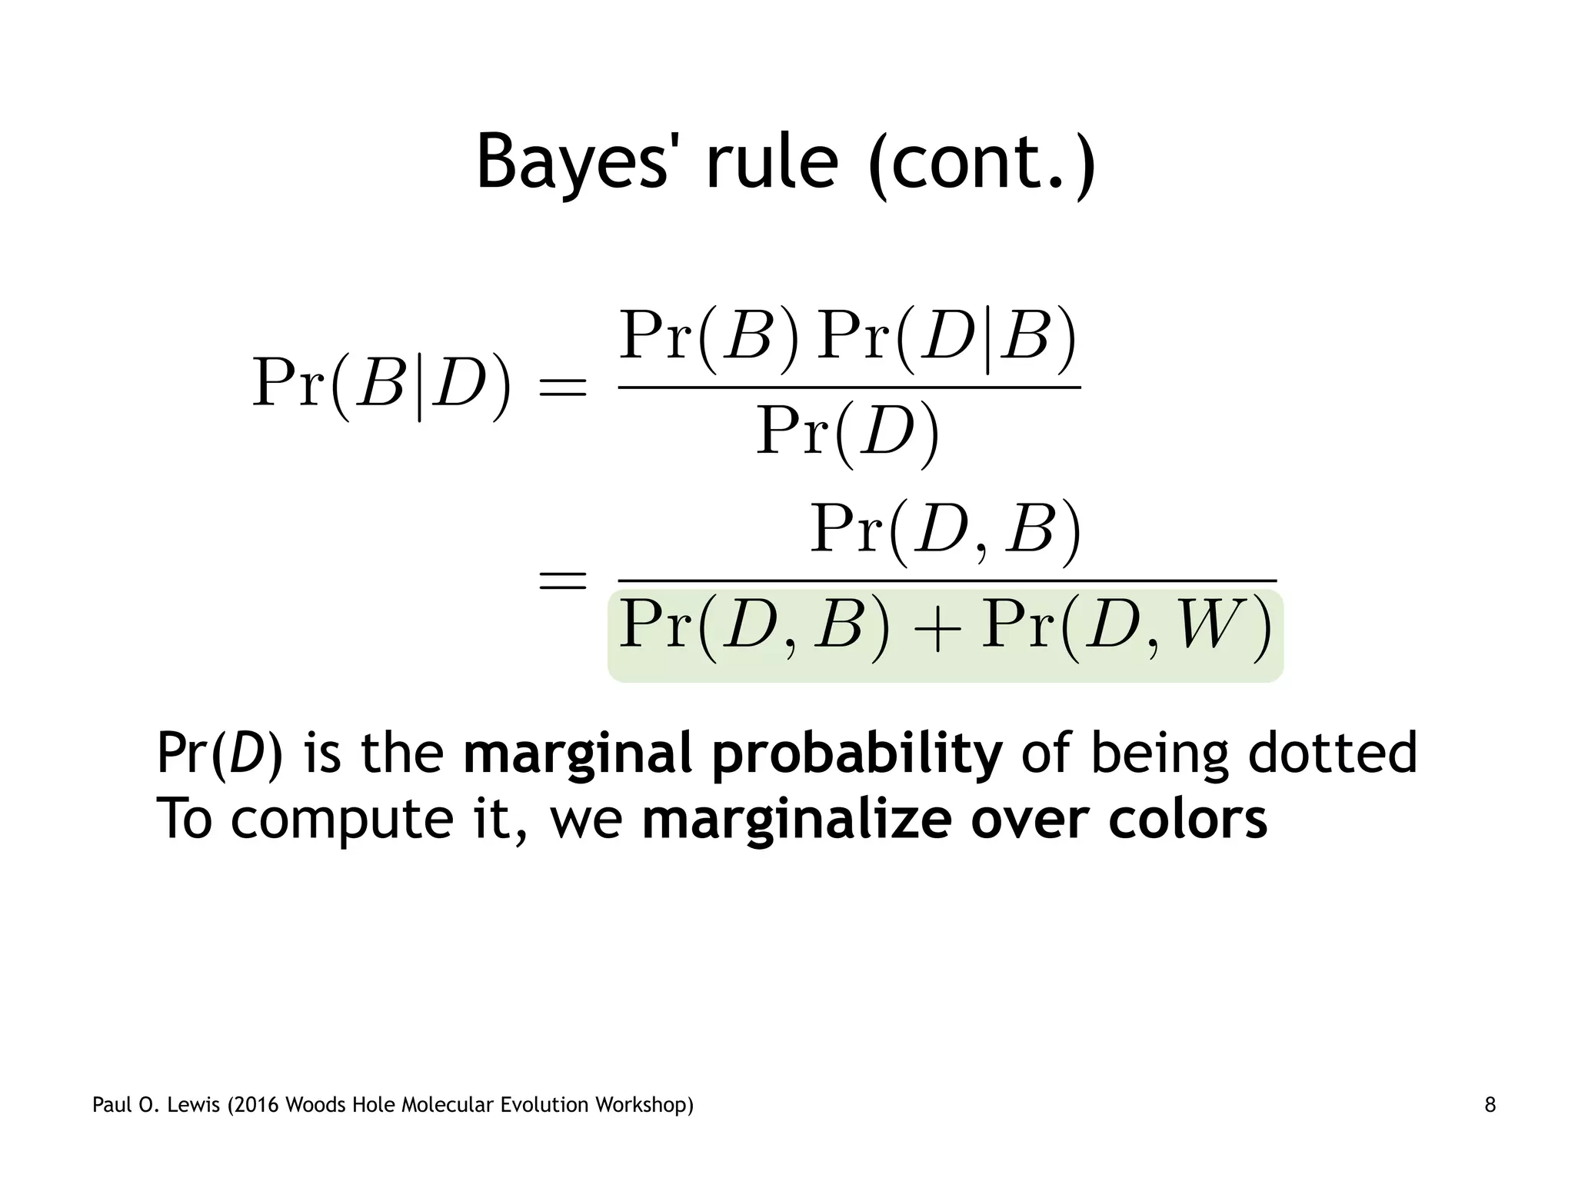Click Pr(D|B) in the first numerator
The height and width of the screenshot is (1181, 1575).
point(947,338)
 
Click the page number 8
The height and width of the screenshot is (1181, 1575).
point(1490,1106)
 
